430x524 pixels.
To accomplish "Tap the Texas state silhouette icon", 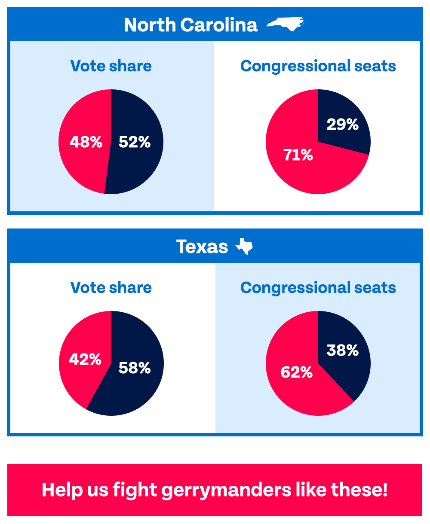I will (x=244, y=247).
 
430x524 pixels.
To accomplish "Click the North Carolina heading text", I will (x=190, y=25).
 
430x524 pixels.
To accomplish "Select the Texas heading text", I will (x=202, y=247).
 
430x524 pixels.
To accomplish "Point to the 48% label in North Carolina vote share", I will (x=86, y=142).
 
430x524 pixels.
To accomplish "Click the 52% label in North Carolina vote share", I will (x=135, y=142).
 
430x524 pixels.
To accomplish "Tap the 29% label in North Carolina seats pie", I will (x=342, y=125).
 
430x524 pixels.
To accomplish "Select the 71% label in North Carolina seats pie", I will (x=298, y=155).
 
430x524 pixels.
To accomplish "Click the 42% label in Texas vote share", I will (x=85, y=359).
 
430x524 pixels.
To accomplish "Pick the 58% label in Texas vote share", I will (x=135, y=368).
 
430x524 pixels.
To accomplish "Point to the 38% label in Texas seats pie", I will (x=342, y=350).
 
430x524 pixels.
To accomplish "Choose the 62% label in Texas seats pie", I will (x=297, y=372).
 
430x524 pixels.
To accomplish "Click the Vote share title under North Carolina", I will (x=111, y=66).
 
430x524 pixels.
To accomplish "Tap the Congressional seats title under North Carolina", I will (x=318, y=66).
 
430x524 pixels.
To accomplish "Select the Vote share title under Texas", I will (x=111, y=288).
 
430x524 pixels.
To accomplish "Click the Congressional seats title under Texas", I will (x=318, y=288).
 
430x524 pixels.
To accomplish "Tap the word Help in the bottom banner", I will (x=59, y=490).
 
